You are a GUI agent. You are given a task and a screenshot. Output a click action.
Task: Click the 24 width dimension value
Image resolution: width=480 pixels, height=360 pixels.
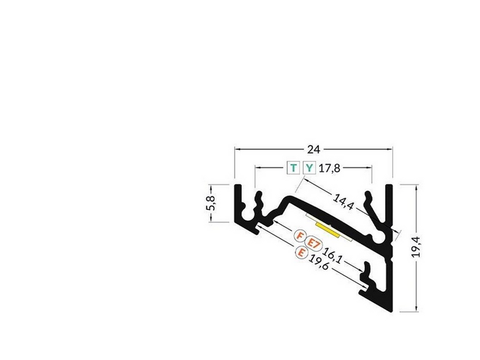(x=313, y=149)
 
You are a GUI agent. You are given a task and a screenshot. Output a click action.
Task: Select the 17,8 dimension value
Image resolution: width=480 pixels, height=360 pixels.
(x=329, y=168)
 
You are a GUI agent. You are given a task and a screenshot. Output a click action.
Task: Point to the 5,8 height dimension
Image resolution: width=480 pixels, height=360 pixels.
(x=211, y=203)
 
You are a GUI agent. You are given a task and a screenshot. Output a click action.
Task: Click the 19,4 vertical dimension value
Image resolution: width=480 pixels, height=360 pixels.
(x=416, y=247)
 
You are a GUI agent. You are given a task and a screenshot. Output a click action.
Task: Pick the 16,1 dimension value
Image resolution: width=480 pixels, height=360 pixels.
(x=332, y=256)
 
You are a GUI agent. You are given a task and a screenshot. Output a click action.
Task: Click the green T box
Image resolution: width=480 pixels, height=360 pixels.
(x=293, y=168)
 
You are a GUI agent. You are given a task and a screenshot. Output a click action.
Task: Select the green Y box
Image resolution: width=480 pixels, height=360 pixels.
(x=309, y=168)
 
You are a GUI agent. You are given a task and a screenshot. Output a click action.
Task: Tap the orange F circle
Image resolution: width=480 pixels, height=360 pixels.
(x=301, y=236)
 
